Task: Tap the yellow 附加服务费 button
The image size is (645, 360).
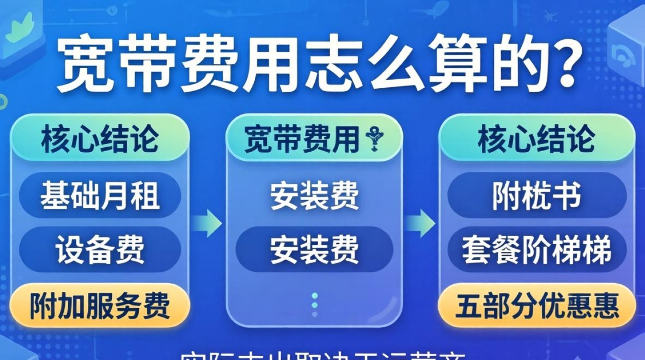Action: coord(100,305)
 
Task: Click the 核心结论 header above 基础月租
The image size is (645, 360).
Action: coord(100,140)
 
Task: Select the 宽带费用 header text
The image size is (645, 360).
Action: coord(302,140)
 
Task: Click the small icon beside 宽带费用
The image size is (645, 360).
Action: coord(373,139)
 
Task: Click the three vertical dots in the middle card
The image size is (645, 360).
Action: coord(314,305)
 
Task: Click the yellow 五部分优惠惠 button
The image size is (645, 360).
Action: coord(537,305)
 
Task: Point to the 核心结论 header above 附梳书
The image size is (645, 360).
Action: coord(537,140)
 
